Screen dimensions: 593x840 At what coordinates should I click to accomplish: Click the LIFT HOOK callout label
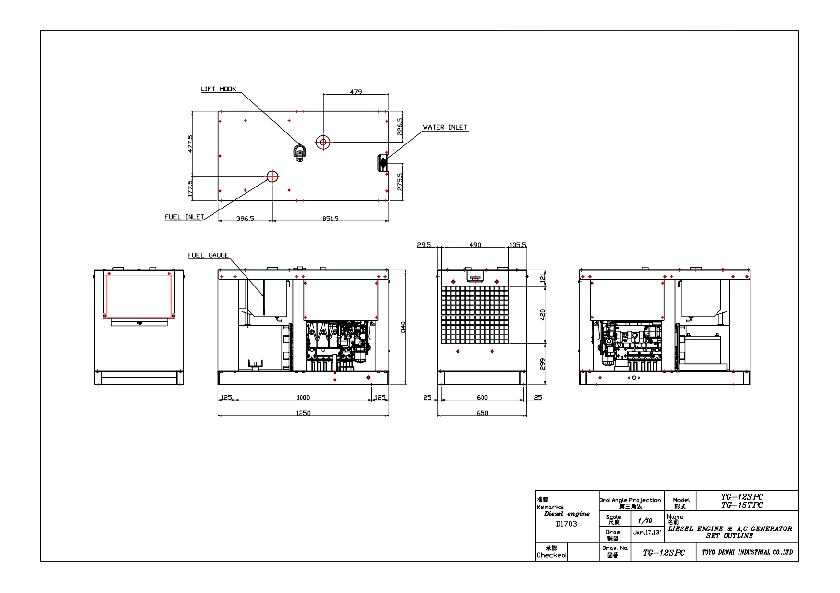click(x=218, y=89)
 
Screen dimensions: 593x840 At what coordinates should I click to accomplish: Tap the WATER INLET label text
click(x=445, y=127)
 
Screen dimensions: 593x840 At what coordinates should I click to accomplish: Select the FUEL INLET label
click(x=184, y=217)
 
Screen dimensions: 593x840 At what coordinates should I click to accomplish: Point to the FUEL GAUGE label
click(x=208, y=255)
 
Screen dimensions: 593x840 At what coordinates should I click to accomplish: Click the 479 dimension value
click(x=356, y=92)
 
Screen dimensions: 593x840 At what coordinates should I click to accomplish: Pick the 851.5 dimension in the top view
click(x=330, y=219)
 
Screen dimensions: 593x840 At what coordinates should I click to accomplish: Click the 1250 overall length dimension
click(x=303, y=413)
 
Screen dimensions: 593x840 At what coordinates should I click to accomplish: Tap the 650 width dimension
click(x=482, y=413)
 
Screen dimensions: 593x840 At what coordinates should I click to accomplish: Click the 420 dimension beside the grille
click(x=542, y=315)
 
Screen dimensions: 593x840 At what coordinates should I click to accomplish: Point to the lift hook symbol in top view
click(x=300, y=153)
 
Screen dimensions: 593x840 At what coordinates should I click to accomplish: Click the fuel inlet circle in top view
click(x=272, y=176)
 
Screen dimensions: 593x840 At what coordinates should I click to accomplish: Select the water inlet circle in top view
click(x=323, y=142)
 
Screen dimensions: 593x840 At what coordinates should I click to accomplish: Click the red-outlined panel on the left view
click(x=139, y=296)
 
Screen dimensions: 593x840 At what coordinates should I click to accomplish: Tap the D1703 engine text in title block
click(x=566, y=524)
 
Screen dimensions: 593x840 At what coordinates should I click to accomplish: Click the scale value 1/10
click(x=645, y=521)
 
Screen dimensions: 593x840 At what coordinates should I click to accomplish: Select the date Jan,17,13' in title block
click(x=647, y=532)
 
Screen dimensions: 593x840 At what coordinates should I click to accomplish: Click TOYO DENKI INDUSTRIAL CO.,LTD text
click(x=747, y=552)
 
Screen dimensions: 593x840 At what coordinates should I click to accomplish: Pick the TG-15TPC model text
click(x=742, y=505)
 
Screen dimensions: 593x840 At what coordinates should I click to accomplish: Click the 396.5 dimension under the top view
click(x=245, y=219)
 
